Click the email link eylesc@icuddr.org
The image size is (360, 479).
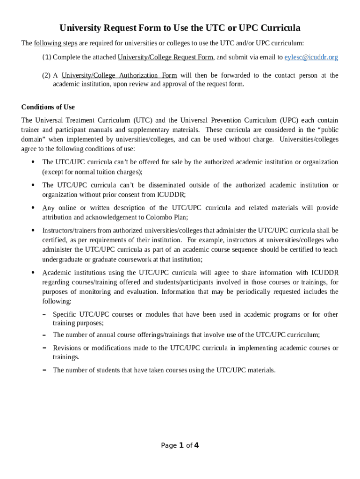coord(311,58)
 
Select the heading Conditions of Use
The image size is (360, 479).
coord(48,107)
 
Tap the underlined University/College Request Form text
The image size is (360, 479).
coord(166,58)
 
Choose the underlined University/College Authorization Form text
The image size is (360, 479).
coord(119,75)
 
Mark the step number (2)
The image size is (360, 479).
coord(46,75)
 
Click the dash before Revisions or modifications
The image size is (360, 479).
coord(43,348)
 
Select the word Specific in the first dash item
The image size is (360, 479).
coord(65,314)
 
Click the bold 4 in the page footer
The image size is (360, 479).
coord(196,445)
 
